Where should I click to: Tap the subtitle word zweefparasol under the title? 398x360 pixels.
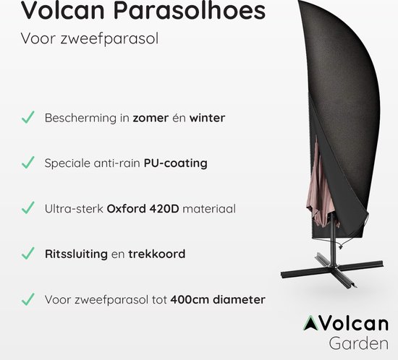pos(111,39)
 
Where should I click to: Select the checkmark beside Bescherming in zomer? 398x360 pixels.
pos(27,117)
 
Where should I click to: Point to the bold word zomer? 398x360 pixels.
pos(151,118)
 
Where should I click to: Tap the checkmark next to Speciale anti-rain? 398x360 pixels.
pos(27,163)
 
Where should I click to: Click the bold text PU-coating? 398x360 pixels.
pos(176,163)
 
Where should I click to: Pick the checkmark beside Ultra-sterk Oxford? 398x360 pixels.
pos(27,208)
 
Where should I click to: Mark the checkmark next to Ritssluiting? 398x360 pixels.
pos(27,254)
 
